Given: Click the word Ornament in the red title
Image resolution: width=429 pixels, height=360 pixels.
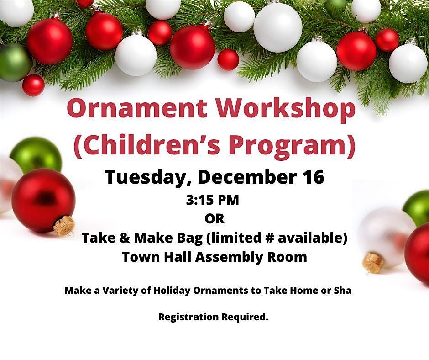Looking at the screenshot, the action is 137,108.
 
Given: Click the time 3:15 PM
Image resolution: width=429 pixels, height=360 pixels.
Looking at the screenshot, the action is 213,200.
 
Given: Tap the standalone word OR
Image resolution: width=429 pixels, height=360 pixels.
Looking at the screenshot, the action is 214,219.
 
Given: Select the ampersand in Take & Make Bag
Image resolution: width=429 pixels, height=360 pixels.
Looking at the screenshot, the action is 125,238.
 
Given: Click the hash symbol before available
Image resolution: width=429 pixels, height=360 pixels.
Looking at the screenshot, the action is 270,238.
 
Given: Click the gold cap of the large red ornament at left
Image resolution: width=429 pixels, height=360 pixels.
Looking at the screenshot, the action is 64,225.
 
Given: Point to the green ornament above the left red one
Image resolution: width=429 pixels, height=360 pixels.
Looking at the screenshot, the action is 36,155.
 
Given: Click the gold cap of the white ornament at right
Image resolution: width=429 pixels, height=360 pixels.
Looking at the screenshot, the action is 372,263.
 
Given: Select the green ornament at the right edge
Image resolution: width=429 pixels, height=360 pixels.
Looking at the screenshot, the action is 416,208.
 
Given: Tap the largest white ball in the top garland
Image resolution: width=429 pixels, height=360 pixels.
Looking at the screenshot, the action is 277,28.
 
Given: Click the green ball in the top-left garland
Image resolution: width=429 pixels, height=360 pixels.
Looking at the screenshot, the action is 14,63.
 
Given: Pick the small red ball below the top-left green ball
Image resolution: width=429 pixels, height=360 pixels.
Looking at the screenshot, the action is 33,85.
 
